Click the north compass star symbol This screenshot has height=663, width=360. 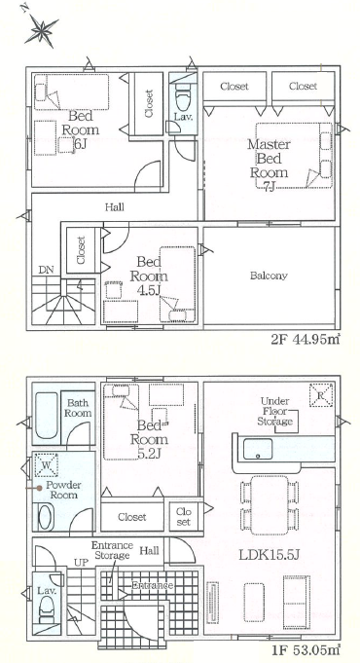41,30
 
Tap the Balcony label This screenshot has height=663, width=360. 269,276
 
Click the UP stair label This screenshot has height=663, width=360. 81,563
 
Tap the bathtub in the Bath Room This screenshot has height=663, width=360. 46,416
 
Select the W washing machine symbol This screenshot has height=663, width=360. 46,463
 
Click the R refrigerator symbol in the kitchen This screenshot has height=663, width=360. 321,394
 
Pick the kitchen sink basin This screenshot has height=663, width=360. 258,449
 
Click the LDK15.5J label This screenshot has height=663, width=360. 270,555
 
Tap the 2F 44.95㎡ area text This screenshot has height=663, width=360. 306,340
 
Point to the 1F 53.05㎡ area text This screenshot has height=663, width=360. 306,649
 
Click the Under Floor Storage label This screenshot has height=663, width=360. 275,411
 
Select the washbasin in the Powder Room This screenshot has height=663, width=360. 46,516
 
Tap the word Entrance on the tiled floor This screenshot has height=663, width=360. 153,585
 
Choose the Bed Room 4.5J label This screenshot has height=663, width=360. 149,276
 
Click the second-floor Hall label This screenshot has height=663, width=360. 115,207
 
